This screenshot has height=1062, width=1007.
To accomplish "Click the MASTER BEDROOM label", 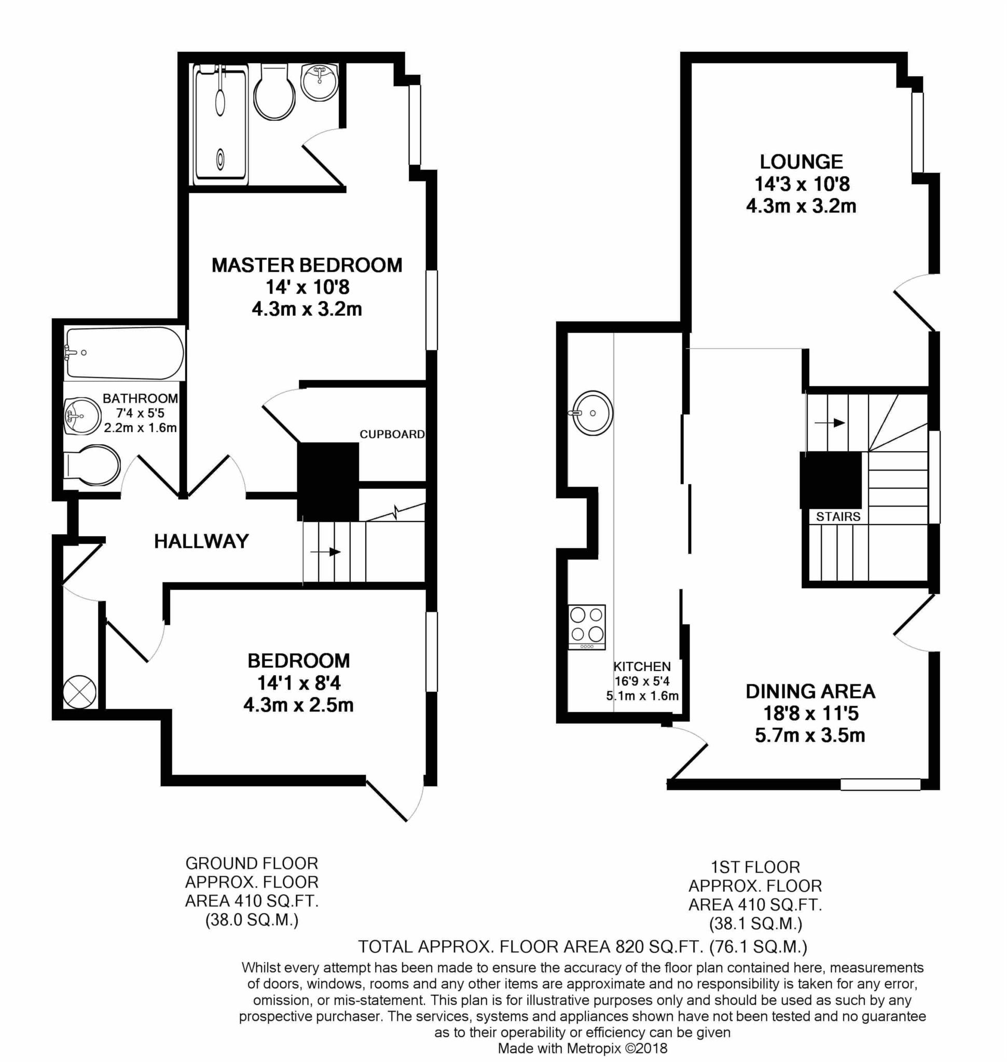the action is (x=307, y=265).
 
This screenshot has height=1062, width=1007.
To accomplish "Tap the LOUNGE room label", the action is (x=802, y=161).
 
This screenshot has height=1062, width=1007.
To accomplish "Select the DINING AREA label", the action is (x=810, y=691).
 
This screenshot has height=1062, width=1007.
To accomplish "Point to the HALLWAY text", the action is (x=201, y=541).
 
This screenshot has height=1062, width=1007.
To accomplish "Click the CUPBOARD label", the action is (x=392, y=434).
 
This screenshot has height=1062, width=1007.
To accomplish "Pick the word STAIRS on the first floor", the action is (x=838, y=517).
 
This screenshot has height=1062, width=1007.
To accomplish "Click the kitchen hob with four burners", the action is (x=587, y=627).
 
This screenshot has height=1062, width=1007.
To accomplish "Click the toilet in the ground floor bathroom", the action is (x=91, y=465).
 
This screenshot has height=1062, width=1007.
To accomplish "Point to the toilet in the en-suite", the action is (x=274, y=92).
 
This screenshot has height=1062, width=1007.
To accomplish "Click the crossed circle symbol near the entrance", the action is (x=79, y=692).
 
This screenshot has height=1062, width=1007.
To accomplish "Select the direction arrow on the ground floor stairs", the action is (x=326, y=552).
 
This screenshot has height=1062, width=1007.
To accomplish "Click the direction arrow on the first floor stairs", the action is (x=830, y=423).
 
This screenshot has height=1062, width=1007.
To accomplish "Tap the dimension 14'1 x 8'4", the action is (x=299, y=683).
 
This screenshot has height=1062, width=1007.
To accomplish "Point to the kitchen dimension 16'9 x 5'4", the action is (x=642, y=681).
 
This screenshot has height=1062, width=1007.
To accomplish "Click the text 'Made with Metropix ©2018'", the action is (x=583, y=1048).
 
